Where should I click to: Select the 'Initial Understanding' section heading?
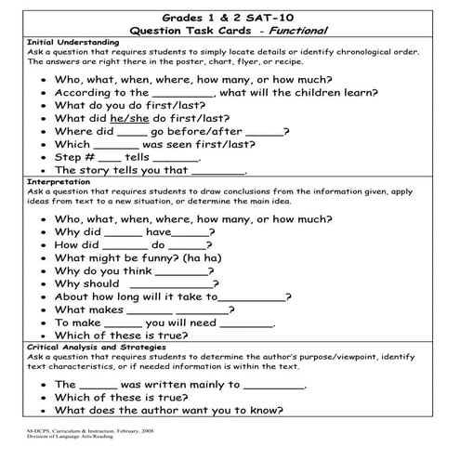(x=73, y=42)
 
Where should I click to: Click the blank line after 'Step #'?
(x=110, y=160)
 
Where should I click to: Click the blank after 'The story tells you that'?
(x=219, y=173)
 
